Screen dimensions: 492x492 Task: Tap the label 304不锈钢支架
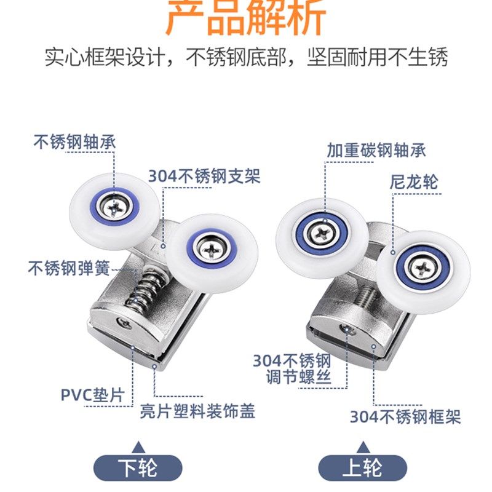pos(204,177)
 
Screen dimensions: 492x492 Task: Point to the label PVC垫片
pos(92,394)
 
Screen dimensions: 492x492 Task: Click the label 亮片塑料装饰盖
pos(195,411)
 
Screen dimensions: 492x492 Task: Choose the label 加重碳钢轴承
pos(376,149)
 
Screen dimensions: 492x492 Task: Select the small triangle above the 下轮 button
pos(139,446)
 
